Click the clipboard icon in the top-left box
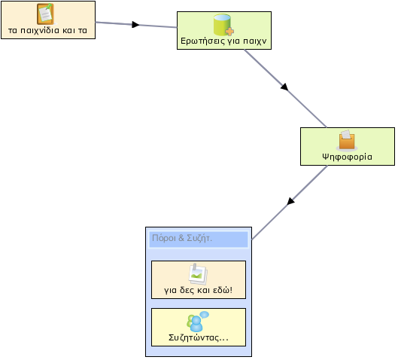pyautogui.click(x=45, y=14)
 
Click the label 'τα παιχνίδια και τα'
pyautogui.click(x=47, y=30)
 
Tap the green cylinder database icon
pyautogui.click(x=223, y=25)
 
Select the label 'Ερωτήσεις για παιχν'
pyautogui.click(x=223, y=41)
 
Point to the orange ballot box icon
pyautogui.click(x=347, y=141)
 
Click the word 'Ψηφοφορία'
pyautogui.click(x=348, y=157)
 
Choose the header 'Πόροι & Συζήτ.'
pyautogui.click(x=182, y=238)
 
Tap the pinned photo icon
pyautogui.click(x=198, y=274)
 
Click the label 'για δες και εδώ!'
pyautogui.click(x=198, y=290)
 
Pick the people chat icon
pyautogui.click(x=198, y=322)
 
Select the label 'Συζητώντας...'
pyautogui.click(x=199, y=337)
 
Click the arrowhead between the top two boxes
pyautogui.click(x=135, y=24)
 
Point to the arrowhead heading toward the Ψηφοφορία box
pyautogui.click(x=284, y=87)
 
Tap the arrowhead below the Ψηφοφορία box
pyautogui.click(x=291, y=201)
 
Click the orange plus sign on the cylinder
pyautogui.click(x=229, y=32)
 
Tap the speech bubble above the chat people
pyautogui.click(x=205, y=315)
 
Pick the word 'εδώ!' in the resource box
pyautogui.click(x=223, y=290)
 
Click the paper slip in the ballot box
pyautogui.click(x=346, y=134)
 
